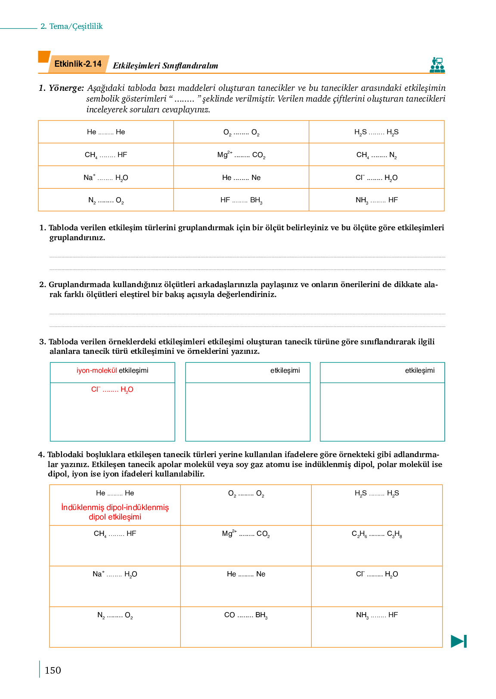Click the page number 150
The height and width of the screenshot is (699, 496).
53,670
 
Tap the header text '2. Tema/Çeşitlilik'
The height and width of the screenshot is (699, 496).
71,26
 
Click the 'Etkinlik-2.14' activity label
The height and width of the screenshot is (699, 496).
78,64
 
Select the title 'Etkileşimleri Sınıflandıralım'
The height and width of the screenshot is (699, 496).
165,66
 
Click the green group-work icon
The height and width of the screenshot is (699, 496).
437,65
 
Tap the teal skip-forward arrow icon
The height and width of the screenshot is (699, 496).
459,641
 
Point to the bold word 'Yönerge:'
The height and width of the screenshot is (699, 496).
66,88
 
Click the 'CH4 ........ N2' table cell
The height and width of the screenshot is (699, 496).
376,155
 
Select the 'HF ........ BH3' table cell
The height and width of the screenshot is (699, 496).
241,200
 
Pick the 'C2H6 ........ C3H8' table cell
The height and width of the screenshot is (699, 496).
377,534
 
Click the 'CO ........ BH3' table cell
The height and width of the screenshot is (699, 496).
246,615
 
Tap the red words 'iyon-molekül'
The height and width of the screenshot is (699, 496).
96,371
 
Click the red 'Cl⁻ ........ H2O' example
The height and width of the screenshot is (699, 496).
112,390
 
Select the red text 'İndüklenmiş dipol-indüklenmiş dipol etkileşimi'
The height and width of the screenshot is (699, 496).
115,512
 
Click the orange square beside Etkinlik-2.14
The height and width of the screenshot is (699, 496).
44,57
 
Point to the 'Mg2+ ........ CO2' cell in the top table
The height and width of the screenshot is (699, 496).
241,155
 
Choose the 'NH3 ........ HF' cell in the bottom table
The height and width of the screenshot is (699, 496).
377,615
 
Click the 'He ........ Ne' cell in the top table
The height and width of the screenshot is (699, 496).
241,178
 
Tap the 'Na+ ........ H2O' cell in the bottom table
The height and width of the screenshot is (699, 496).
115,574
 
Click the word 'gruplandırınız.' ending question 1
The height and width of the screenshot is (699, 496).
77,238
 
